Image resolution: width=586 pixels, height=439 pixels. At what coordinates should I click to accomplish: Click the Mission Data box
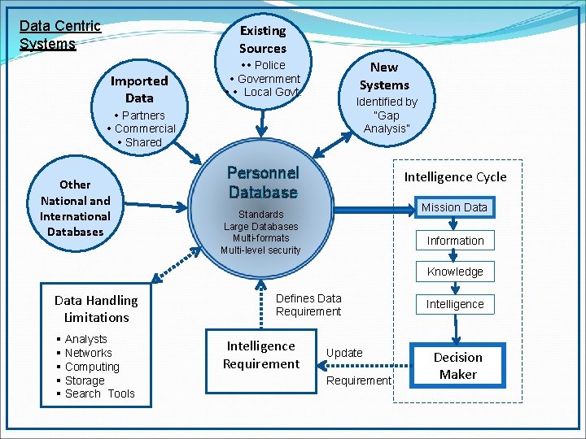455,207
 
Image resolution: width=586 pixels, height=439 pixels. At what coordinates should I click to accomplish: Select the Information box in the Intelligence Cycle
455,241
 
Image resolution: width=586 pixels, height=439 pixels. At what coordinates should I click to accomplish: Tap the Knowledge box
455,272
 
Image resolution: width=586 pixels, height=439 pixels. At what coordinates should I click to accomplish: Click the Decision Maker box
457,366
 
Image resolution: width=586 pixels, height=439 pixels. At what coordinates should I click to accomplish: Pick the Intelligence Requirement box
261,361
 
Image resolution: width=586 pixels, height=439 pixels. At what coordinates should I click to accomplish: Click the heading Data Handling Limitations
96,309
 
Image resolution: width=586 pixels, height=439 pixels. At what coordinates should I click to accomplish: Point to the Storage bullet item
85,380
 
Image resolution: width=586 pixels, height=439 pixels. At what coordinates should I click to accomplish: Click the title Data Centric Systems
60,35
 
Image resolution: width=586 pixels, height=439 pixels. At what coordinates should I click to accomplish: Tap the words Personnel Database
263,183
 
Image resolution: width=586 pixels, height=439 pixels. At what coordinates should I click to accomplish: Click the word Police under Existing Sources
270,65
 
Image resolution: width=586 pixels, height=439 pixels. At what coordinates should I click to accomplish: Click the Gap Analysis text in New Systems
387,122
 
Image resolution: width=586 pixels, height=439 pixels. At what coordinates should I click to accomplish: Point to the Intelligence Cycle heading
456,176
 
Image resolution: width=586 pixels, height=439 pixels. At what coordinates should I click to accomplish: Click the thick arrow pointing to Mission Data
374,211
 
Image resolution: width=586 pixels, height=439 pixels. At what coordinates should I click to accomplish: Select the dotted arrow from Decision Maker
365,366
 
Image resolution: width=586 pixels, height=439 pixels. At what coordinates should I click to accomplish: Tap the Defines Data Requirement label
308,305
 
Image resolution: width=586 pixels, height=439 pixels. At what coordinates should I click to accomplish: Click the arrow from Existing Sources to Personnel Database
261,124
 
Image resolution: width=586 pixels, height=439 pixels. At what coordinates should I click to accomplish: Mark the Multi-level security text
260,250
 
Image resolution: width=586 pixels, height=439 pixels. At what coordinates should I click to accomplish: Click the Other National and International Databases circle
75,204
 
